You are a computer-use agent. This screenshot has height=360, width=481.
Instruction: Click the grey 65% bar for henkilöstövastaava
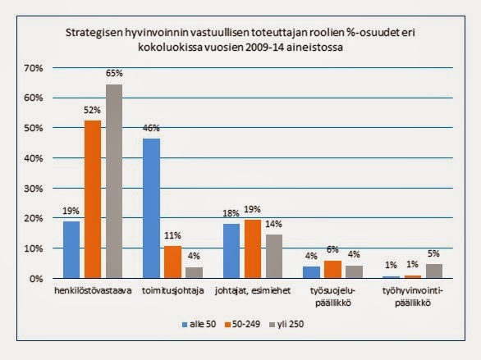(114, 181)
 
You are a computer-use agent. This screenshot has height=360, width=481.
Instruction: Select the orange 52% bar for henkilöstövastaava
(93, 199)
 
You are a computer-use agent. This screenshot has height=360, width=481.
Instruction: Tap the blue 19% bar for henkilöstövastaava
(71, 249)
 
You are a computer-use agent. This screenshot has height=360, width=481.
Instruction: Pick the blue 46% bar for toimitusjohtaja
(151, 208)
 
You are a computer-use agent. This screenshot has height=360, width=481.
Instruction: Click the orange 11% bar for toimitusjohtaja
(172, 262)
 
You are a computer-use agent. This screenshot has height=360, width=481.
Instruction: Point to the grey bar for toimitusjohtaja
(195, 273)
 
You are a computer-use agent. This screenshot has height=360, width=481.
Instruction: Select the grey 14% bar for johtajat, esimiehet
(274, 257)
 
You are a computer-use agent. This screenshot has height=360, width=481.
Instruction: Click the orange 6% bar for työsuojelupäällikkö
(332, 270)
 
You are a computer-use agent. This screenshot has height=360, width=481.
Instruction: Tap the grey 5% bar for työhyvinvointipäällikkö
(434, 271)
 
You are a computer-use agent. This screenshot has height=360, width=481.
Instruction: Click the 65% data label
(114, 73)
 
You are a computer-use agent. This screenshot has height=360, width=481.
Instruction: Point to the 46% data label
(151, 128)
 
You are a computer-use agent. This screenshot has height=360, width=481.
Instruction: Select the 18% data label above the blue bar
(231, 213)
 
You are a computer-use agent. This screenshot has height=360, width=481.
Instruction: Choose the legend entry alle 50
(199, 324)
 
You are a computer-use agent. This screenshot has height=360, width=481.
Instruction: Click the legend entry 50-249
(242, 324)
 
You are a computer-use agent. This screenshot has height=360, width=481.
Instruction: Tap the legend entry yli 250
(286, 324)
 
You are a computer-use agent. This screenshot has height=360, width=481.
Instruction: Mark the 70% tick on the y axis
(33, 68)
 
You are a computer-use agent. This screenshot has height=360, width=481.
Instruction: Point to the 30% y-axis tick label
(33, 189)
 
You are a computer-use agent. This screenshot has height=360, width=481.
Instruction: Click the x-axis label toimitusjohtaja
(172, 290)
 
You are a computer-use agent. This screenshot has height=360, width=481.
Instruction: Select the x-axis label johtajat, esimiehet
(253, 290)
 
